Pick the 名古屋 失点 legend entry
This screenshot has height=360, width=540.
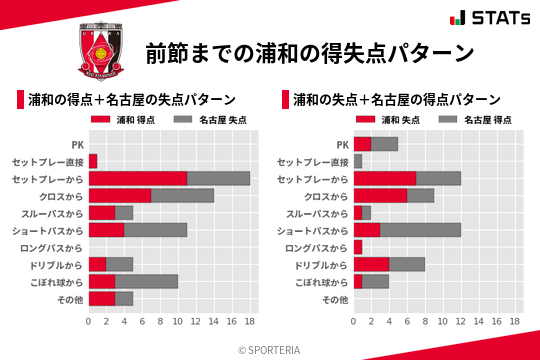(211, 120)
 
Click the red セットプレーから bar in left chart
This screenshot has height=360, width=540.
(138, 178)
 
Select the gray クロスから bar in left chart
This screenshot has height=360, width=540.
(182, 195)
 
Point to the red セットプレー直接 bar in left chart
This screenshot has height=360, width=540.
(93, 161)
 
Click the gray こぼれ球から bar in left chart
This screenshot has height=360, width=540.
(147, 281)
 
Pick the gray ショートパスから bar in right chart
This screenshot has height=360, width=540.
(420, 230)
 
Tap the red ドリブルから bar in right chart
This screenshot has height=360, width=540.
(371, 264)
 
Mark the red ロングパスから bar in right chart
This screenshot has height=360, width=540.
(358, 247)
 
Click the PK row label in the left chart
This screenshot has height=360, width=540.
(78, 144)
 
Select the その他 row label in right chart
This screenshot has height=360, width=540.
(334, 298)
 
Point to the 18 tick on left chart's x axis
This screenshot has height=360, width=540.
(250, 322)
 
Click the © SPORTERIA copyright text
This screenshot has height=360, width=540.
(270, 349)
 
